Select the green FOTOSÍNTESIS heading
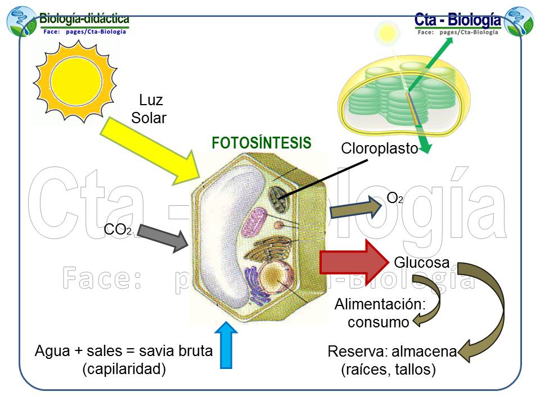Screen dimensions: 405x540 [261, 143]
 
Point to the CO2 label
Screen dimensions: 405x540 [118, 229]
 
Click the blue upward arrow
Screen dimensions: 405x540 [227, 344]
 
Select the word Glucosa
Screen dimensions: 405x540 [422, 263]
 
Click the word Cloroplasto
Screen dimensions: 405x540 [379, 149]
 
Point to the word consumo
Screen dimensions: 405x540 [377, 322]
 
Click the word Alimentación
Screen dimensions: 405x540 [380, 305]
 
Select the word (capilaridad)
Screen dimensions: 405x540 [124, 370]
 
